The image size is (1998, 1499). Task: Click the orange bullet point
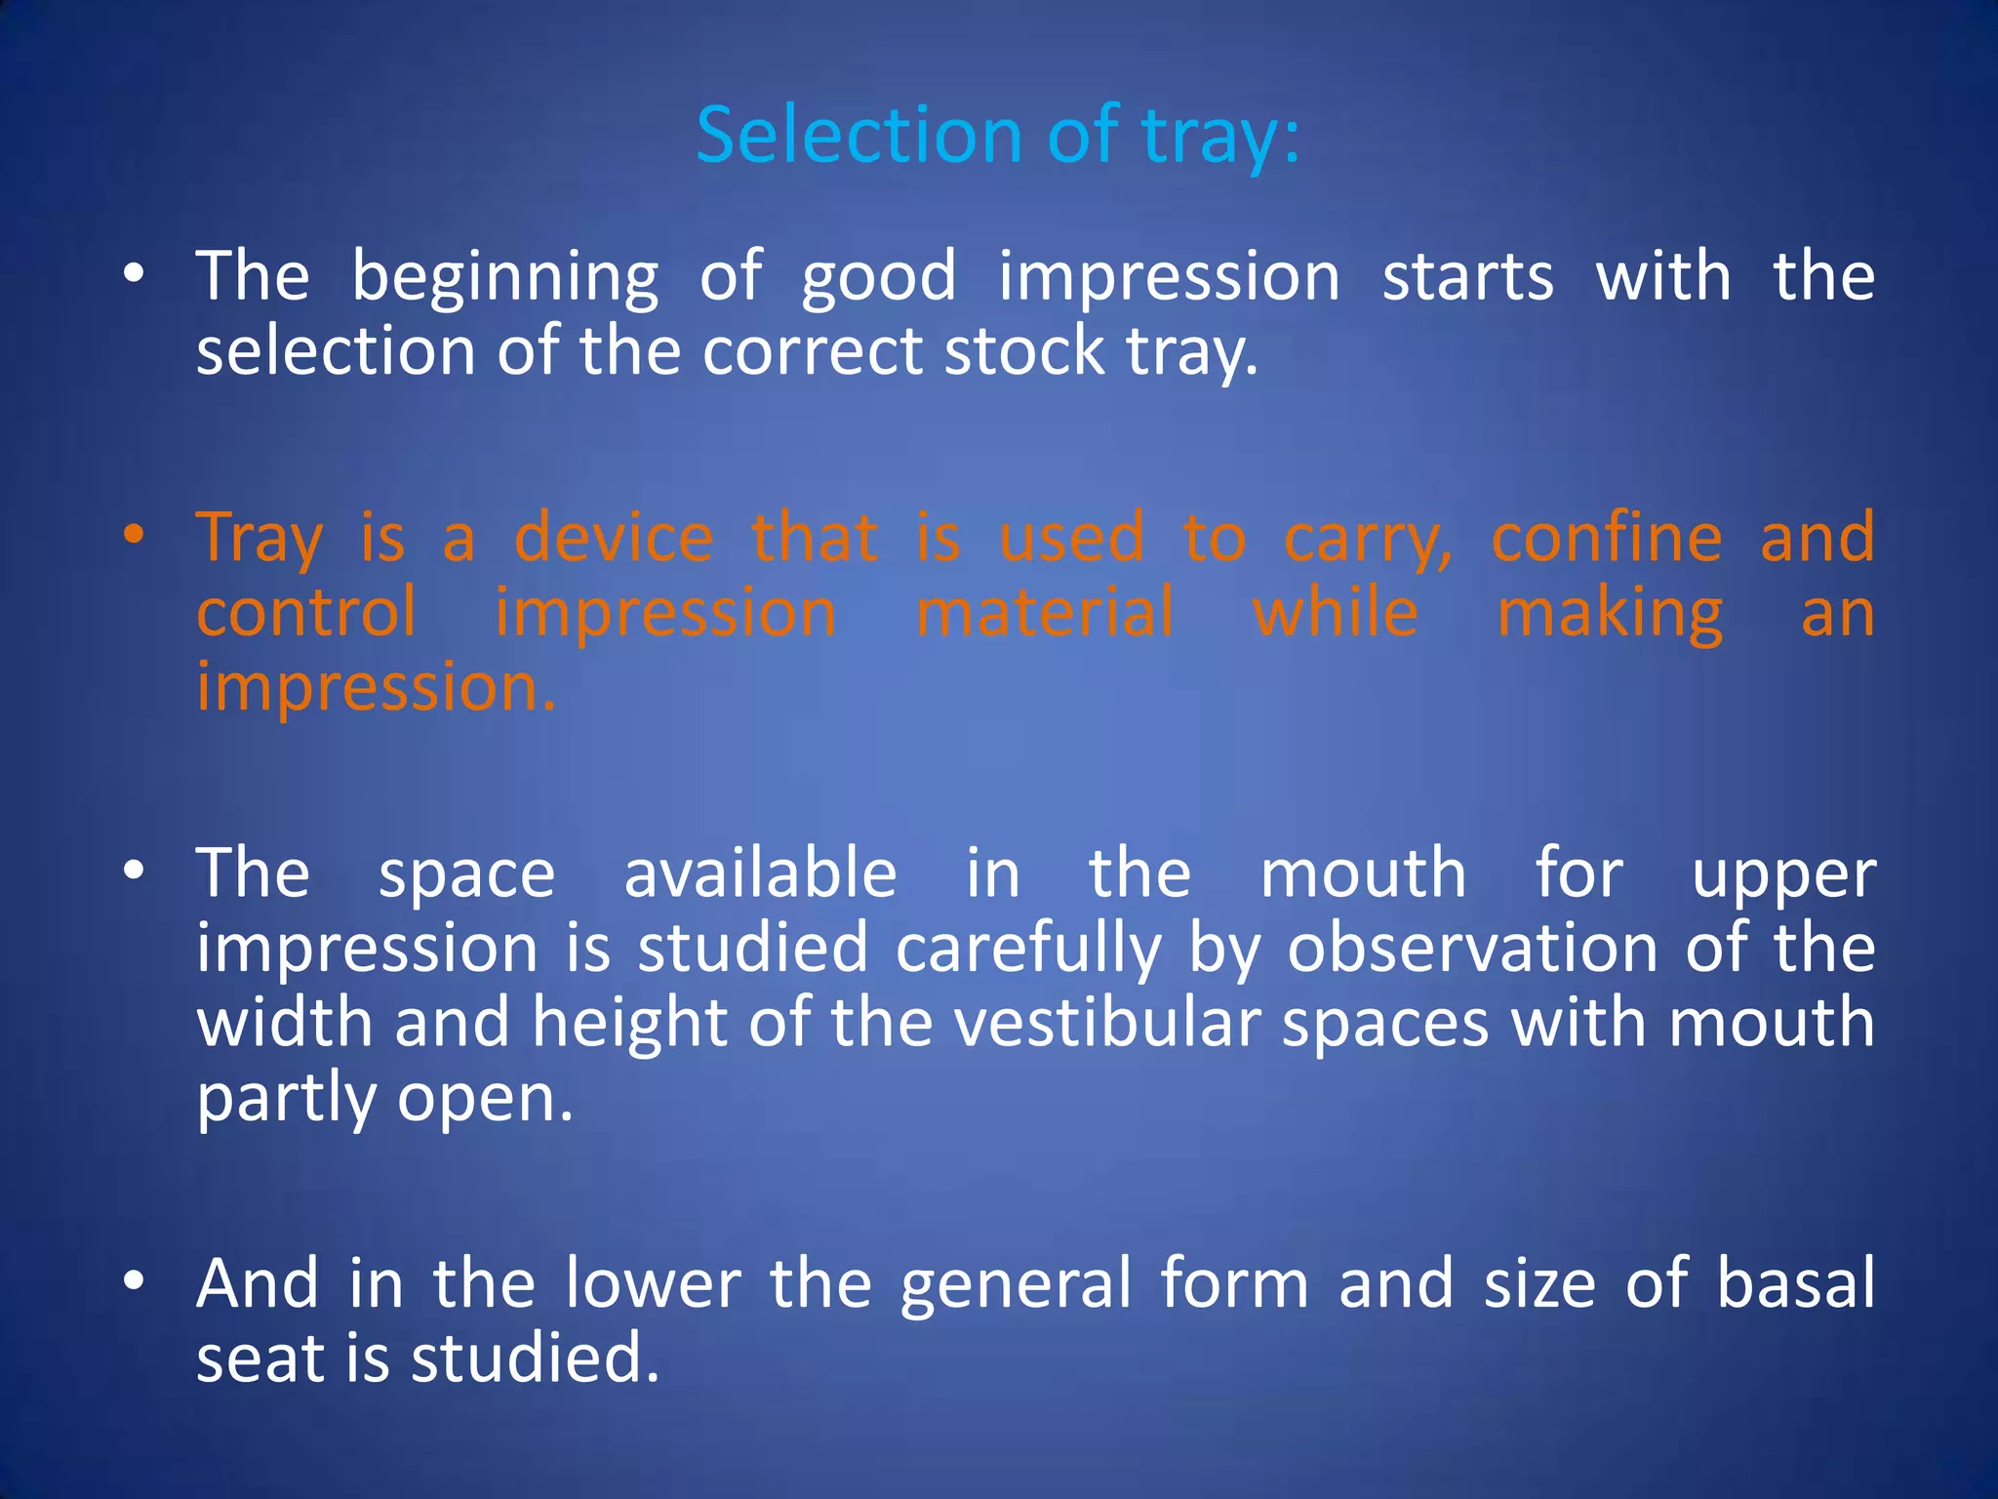point(135,536)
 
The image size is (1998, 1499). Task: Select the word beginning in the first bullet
point(504,278)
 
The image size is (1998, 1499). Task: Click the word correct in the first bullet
point(812,351)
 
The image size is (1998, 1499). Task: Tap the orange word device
point(614,538)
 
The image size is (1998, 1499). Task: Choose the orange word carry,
point(1368,540)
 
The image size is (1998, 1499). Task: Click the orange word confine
point(1606,538)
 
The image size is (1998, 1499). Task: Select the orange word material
point(1045,613)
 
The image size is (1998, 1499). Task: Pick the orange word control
point(306,613)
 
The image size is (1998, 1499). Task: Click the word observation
point(1472,948)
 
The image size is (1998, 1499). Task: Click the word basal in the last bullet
point(1795,1283)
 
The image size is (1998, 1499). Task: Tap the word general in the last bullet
point(1016,1285)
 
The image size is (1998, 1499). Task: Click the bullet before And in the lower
point(135,1279)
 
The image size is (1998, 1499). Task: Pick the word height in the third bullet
point(629,1025)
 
